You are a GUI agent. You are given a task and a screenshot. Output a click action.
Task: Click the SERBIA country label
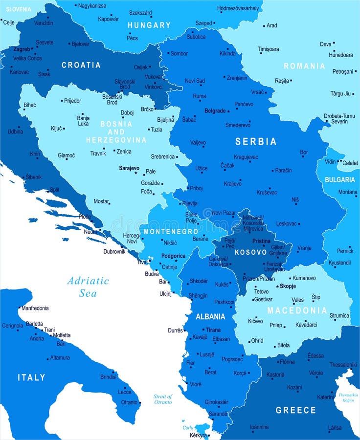pyautogui.click(x=256, y=141)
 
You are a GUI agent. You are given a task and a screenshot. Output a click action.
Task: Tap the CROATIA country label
pyautogui.click(x=81, y=65)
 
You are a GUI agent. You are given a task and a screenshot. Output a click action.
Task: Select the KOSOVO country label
pyautogui.click(x=250, y=252)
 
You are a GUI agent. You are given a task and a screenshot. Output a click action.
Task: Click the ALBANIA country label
pyautogui.click(x=210, y=316)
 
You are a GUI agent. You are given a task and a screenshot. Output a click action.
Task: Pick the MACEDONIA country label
pyautogui.click(x=297, y=310)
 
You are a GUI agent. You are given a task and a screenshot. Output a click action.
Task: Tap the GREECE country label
pyautogui.click(x=296, y=410)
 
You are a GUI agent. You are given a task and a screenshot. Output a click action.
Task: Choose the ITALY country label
pyautogui.click(x=31, y=377)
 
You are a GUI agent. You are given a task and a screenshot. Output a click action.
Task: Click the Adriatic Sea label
pyautogui.click(x=89, y=287)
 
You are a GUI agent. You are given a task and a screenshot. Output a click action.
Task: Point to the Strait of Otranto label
pyautogui.click(x=163, y=399)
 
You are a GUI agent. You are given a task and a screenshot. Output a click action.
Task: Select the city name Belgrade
pyautogui.click(x=215, y=111)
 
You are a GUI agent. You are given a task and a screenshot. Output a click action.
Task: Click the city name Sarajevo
pyautogui.click(x=129, y=168)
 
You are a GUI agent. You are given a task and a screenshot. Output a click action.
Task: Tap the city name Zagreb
pyautogui.click(x=22, y=49)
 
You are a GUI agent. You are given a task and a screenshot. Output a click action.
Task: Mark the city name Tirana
pyautogui.click(x=213, y=330)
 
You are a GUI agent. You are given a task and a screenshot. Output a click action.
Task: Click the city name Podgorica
pyautogui.click(x=174, y=256)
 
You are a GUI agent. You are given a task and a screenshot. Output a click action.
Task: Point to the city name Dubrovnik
pyautogui.click(x=114, y=252)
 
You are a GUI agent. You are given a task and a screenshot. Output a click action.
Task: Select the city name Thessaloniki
pyautogui.click(x=343, y=364)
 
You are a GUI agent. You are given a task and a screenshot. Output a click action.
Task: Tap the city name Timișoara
pyautogui.click(x=269, y=49)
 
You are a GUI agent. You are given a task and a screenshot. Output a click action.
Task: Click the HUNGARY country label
pyautogui.click(x=149, y=25)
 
